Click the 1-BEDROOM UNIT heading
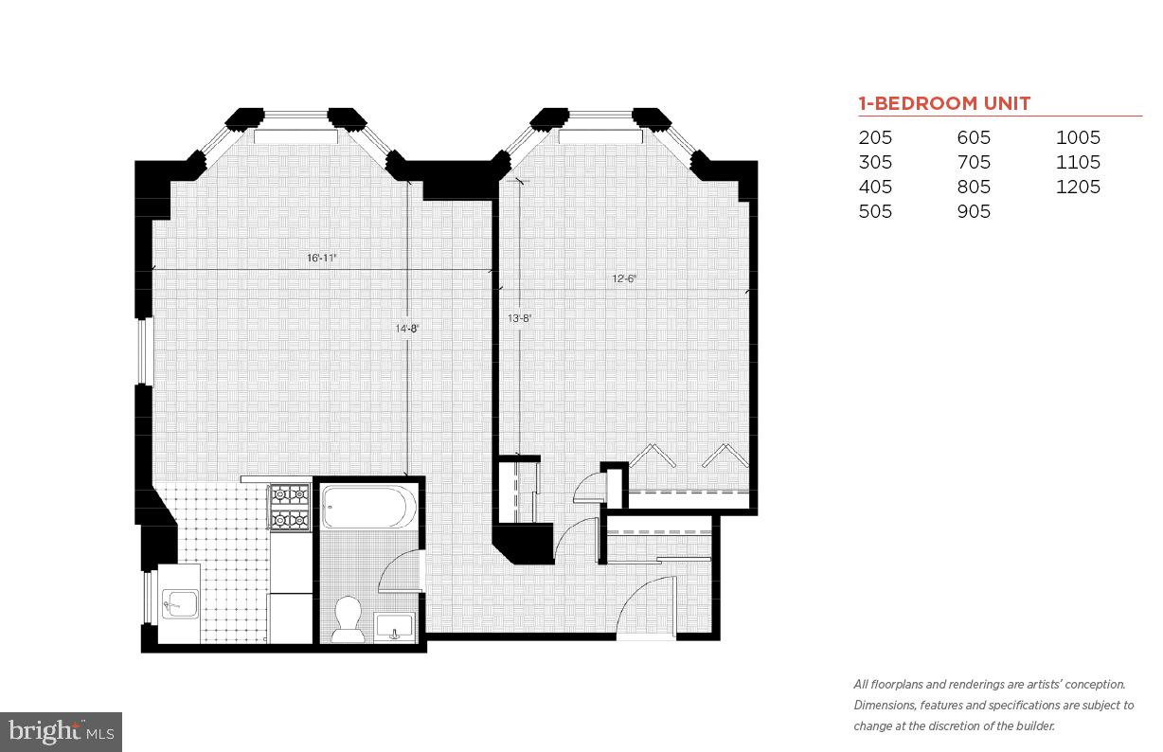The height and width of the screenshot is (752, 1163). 944,103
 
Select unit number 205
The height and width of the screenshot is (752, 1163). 875,137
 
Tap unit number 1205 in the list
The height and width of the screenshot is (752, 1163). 1078,187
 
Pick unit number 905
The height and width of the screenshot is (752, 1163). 974,211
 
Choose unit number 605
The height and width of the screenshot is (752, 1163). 974,137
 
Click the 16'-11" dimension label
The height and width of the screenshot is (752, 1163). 322,258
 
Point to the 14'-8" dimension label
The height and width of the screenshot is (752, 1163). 406,329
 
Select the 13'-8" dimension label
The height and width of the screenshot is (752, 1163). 519,319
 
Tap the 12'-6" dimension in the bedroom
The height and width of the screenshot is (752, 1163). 625,278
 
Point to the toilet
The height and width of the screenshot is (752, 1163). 349,618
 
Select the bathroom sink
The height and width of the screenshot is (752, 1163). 394,626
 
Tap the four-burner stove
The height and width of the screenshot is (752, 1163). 290,507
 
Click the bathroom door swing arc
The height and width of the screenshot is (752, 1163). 397,573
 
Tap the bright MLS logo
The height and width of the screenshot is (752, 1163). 61,731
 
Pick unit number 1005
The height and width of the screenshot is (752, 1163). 1078,137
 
